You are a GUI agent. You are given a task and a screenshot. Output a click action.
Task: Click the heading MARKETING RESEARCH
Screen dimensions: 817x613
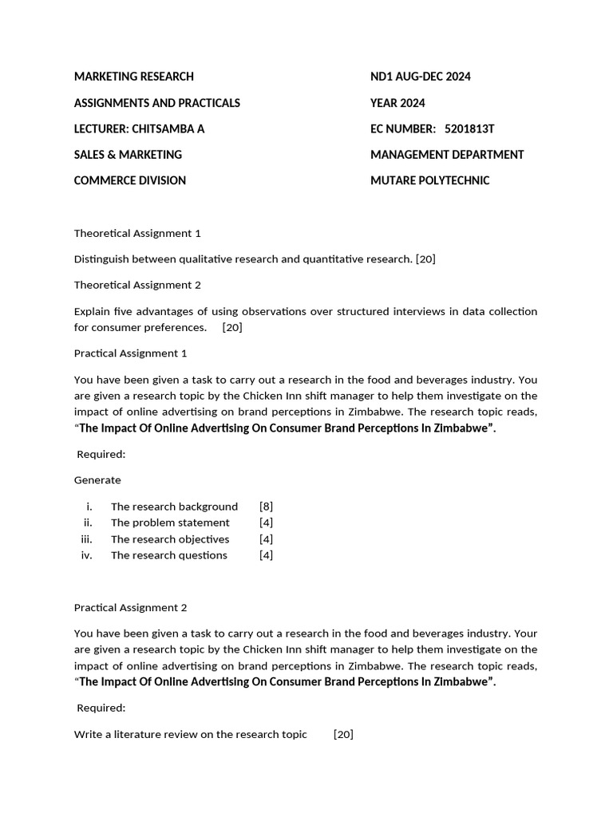tap(133, 77)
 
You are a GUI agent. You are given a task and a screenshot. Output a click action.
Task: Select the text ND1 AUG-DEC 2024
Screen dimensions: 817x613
tap(420, 77)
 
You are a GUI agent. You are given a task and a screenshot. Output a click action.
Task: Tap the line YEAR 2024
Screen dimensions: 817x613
tap(397, 103)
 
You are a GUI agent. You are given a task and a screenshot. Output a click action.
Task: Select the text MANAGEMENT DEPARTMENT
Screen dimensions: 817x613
tap(447, 155)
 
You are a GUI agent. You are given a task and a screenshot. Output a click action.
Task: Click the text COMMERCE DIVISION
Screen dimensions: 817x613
tap(129, 180)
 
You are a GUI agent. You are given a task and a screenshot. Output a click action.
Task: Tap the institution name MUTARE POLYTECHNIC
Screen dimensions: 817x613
tap(429, 180)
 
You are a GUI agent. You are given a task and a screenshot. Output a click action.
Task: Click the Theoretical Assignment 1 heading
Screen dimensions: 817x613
tap(137, 233)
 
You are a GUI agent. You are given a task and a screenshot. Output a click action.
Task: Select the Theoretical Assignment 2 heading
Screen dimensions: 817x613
tap(137, 285)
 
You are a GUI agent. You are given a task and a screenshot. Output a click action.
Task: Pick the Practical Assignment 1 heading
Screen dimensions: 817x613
tap(130, 353)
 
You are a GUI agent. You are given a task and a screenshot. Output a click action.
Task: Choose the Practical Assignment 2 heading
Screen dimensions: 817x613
tap(130, 607)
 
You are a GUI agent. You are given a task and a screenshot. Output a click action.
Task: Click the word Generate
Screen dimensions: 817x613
tap(97, 480)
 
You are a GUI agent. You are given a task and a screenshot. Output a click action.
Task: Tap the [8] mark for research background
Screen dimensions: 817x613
tap(266, 507)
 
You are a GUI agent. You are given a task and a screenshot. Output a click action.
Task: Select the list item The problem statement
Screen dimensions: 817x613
tap(170, 523)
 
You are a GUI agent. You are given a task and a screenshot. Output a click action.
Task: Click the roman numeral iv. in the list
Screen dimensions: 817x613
tap(87, 555)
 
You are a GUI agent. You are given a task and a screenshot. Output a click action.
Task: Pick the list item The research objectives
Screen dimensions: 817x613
tap(170, 539)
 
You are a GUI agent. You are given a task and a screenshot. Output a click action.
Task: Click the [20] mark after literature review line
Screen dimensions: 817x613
tap(343, 734)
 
